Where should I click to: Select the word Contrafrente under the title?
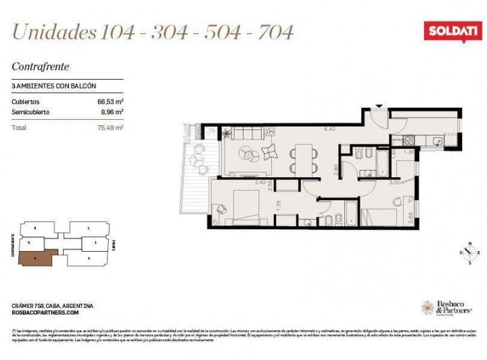coord(41,66)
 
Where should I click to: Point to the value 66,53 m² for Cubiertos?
coord(110,101)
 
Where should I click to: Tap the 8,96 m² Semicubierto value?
coord(111,112)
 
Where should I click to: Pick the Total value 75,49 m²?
coord(110,127)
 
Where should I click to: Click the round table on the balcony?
coord(198,160)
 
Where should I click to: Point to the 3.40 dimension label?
coord(260,183)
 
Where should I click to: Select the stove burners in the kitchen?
coord(409,141)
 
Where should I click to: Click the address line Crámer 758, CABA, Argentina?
coord(53,305)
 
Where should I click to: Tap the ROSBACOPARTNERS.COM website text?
coord(45,313)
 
